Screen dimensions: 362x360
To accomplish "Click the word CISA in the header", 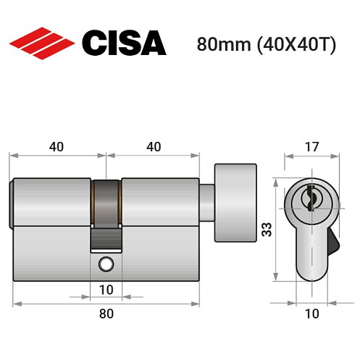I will (124, 43).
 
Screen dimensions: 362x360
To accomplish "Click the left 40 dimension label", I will (56, 146).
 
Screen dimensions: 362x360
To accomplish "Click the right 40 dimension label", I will (153, 146).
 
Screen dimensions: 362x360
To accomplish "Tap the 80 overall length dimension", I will (106, 313).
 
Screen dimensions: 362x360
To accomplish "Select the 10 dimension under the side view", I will (106, 290).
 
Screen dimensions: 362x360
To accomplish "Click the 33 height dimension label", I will (266, 230).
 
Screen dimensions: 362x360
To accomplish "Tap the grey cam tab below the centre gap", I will (106, 237).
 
